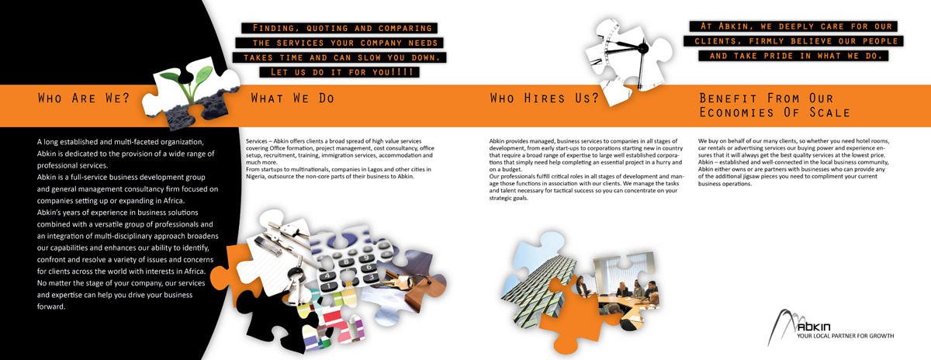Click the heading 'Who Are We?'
[84, 99]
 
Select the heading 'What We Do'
[292, 99]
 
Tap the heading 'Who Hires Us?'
[544, 99]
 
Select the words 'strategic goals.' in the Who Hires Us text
[508, 198]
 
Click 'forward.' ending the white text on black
[51, 306]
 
